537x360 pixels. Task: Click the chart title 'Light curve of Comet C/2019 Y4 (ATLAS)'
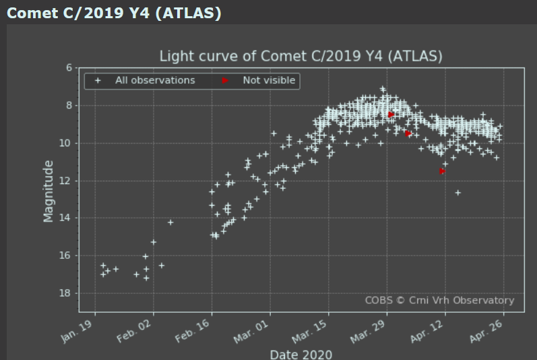pyautogui.click(x=301, y=56)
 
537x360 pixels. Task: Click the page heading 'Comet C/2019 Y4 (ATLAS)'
pyautogui.click(x=114, y=13)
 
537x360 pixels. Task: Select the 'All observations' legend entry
pyautogui.click(x=155, y=81)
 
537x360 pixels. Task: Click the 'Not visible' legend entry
pyautogui.click(x=269, y=81)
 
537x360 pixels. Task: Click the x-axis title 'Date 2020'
pyautogui.click(x=301, y=354)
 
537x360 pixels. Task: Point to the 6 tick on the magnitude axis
pyautogui.click(x=69, y=68)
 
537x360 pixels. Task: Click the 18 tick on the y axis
pyautogui.click(x=67, y=293)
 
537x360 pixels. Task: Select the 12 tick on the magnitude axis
pyautogui.click(x=67, y=181)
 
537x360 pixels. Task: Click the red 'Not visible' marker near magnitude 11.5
pyautogui.click(x=443, y=171)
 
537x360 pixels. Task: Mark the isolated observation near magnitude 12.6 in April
pyautogui.click(x=458, y=193)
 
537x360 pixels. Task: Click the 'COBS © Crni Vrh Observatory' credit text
pyautogui.click(x=439, y=301)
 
